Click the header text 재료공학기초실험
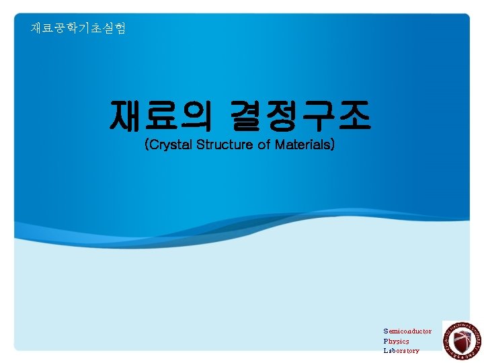coord(78,28)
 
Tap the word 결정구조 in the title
coord(300,116)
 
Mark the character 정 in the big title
coord(282,116)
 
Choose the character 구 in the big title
coord(317,116)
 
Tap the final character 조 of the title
coord(353,116)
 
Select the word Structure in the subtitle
coord(225,145)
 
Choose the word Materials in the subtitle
coord(302,145)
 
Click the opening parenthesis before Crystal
coord(147,145)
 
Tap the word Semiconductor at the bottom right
coord(407,331)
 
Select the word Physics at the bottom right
coord(396,341)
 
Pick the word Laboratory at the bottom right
coord(401,350)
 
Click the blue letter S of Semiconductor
coord(386,331)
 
